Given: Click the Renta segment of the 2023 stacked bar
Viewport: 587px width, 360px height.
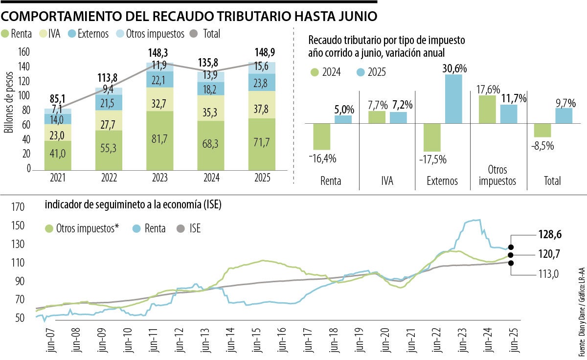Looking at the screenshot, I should point(160,140).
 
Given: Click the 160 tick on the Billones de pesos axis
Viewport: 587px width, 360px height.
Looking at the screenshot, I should point(24,51).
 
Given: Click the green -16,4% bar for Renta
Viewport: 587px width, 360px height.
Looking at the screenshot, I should point(321,136).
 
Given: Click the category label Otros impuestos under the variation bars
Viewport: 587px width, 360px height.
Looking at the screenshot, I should point(497,176).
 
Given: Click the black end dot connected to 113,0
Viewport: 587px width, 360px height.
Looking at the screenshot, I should point(511,263).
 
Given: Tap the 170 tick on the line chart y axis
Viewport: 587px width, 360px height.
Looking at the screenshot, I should point(17,208).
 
